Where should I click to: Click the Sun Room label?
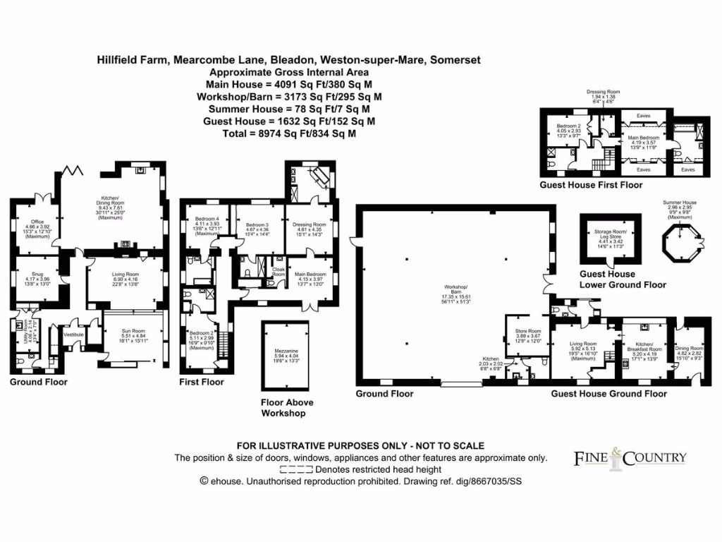(133, 336)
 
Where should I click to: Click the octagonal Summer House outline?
(680, 243)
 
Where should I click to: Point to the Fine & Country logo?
(630, 457)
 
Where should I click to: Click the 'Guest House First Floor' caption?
(591, 185)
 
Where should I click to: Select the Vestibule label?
(73, 335)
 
